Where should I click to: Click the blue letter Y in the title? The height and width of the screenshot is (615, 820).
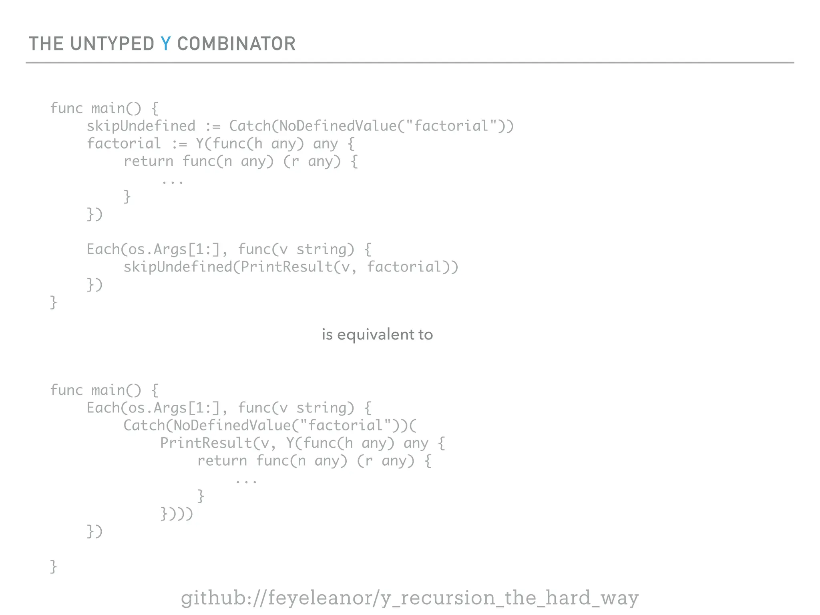[x=166, y=44]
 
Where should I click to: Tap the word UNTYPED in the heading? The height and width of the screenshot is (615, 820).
[x=112, y=44]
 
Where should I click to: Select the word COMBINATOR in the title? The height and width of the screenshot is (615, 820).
[x=236, y=44]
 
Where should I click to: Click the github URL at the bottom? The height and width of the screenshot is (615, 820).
[x=410, y=598]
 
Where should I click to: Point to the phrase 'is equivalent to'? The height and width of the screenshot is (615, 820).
[x=377, y=334]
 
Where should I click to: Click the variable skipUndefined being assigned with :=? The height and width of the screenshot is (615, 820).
[x=141, y=126]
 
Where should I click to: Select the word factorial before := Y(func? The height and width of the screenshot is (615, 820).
[x=124, y=144]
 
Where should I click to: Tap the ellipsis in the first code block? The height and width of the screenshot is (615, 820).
[x=173, y=181]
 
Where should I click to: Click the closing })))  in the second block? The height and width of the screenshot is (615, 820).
[x=177, y=514]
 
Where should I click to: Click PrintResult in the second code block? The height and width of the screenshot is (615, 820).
[x=206, y=443]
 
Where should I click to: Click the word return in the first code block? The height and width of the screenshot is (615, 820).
[x=148, y=161]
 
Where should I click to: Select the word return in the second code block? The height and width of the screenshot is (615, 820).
[x=222, y=461]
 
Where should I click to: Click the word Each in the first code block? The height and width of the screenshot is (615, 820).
[x=103, y=249]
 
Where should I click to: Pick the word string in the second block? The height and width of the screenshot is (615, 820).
[x=325, y=408]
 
